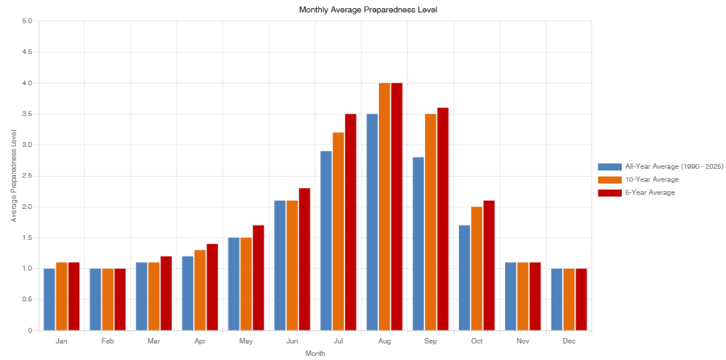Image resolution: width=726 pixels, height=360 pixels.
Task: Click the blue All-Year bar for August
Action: point(372,222)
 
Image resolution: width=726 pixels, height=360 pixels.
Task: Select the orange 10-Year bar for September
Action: point(431,222)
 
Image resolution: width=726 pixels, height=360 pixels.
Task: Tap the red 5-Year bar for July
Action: point(351,222)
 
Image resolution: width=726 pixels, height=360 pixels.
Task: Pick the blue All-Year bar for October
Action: point(465,278)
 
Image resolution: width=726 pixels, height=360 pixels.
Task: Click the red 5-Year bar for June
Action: point(304,259)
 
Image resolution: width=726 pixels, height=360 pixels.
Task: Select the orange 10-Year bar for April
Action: point(200,290)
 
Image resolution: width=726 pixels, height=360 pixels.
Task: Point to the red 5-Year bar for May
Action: point(258,278)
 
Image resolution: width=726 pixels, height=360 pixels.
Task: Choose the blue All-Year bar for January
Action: point(49,299)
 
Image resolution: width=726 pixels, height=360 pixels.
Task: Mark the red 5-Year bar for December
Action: point(581,299)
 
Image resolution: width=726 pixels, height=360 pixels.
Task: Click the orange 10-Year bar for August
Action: point(384,207)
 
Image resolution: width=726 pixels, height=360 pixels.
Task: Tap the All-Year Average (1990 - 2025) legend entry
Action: point(660,167)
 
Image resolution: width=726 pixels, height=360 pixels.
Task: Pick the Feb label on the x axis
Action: point(107,341)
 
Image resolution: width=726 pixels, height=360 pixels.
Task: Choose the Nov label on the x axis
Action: point(523,341)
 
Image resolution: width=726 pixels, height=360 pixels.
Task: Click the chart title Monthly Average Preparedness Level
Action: point(368,9)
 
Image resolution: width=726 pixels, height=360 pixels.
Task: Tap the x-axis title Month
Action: point(315,354)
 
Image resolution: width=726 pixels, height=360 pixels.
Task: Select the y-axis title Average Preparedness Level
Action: point(14,176)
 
